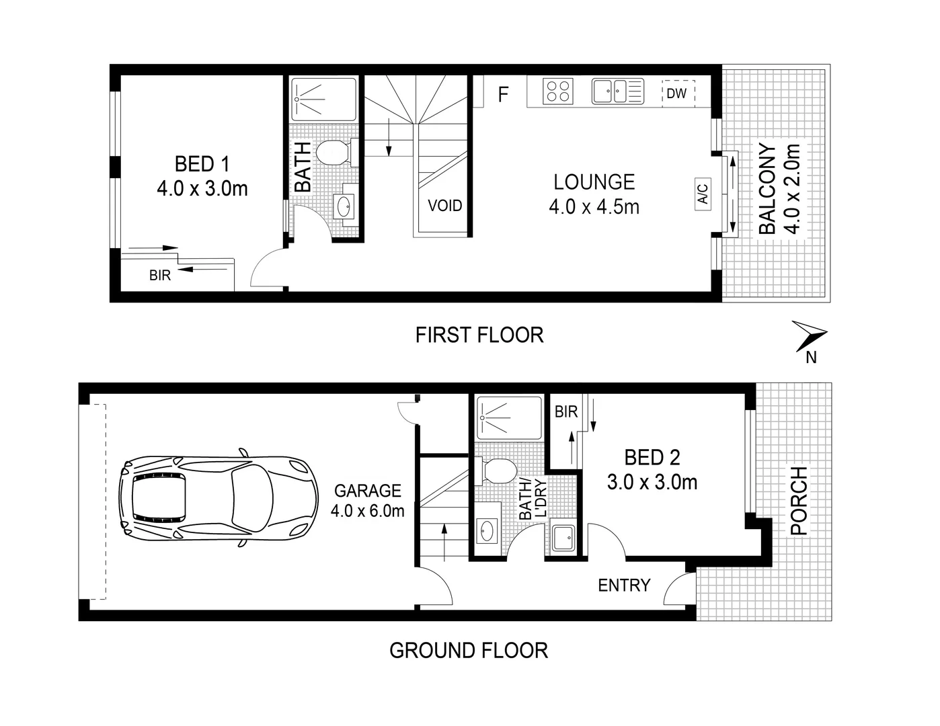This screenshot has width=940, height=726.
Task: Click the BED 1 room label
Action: coord(202,164)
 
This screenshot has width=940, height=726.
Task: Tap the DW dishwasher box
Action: coord(676,93)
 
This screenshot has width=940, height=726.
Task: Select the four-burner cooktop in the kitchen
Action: coord(557,91)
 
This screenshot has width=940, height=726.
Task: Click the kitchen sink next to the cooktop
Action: coord(617,91)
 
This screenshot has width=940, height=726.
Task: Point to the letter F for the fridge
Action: coord(503,95)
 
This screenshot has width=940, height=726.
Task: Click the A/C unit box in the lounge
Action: coord(703,194)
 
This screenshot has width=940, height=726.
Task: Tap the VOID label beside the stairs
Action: coord(444,205)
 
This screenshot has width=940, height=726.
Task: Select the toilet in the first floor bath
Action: coord(332,153)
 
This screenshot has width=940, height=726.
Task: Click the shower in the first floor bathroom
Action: coord(323,99)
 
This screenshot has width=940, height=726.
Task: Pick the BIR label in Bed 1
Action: coord(160,276)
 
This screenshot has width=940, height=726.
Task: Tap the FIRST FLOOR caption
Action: coord(479,335)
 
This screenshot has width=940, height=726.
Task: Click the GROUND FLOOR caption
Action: coord(469,651)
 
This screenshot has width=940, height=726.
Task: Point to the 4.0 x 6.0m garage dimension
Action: coord(367,511)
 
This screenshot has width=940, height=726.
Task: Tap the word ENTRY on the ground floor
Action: coord(624,586)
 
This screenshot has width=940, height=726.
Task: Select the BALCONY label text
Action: coord(768,189)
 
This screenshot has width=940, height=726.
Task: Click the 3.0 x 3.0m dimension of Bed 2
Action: coord(652,483)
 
